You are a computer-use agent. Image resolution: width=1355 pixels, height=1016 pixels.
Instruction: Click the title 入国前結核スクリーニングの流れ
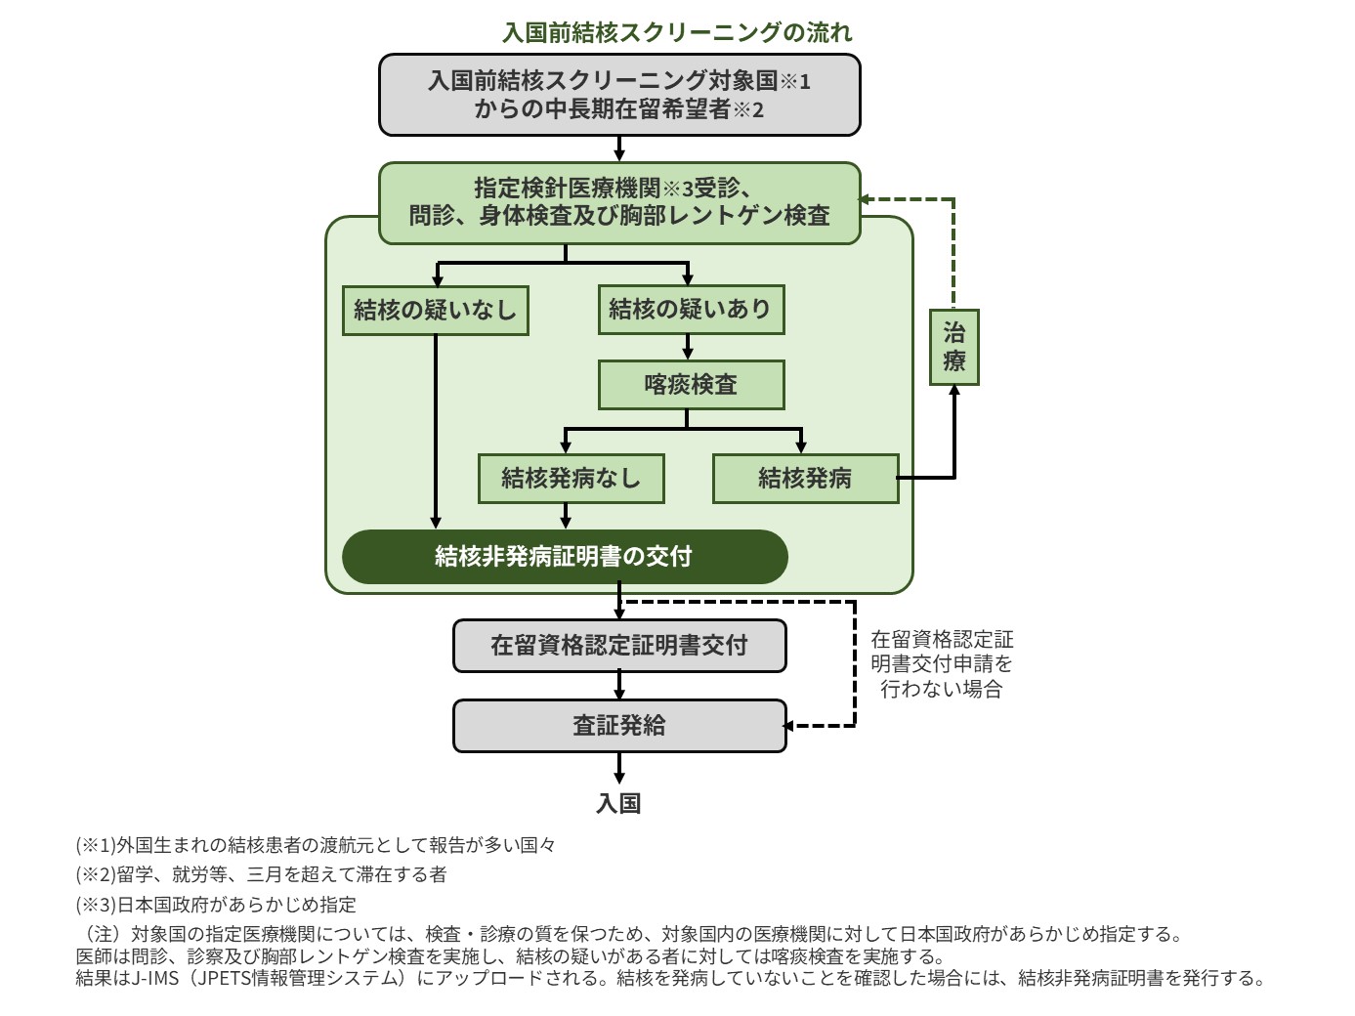click(x=676, y=32)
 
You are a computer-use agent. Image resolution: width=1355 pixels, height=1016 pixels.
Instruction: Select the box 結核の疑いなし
click(x=435, y=311)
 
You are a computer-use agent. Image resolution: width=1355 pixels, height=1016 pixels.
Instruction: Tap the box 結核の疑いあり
click(x=690, y=310)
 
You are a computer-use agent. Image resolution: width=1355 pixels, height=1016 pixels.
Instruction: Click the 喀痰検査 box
click(x=691, y=385)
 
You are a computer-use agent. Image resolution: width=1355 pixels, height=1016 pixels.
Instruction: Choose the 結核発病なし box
click(x=571, y=479)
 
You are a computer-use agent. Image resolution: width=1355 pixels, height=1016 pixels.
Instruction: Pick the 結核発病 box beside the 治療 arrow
click(x=805, y=479)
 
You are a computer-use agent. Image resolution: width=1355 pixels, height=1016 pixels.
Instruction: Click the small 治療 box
click(x=953, y=348)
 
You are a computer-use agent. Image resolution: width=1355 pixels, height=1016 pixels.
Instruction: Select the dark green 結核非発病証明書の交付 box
click(x=564, y=557)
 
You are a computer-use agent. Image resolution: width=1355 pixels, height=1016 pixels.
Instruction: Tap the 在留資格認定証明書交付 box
click(x=619, y=646)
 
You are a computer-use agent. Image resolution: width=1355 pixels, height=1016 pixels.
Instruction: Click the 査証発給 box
click(x=619, y=726)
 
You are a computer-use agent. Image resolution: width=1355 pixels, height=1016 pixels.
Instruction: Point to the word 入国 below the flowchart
click(x=618, y=803)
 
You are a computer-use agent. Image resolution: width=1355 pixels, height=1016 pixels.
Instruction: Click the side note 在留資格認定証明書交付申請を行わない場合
click(x=942, y=664)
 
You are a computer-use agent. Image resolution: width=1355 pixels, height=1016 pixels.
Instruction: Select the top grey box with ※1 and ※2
click(x=619, y=95)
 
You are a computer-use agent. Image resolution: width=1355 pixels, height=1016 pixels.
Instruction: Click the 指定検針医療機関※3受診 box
click(x=619, y=202)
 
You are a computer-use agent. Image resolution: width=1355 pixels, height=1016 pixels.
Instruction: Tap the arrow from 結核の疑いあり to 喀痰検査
click(x=688, y=348)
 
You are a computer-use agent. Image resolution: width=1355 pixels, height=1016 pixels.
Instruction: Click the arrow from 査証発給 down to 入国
click(x=619, y=768)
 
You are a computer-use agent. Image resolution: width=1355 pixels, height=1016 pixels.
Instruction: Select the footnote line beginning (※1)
click(x=316, y=845)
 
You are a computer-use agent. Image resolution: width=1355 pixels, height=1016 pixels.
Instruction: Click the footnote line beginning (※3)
click(x=216, y=905)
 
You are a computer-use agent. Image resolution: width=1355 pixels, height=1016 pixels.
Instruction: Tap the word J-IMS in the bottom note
click(x=154, y=978)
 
